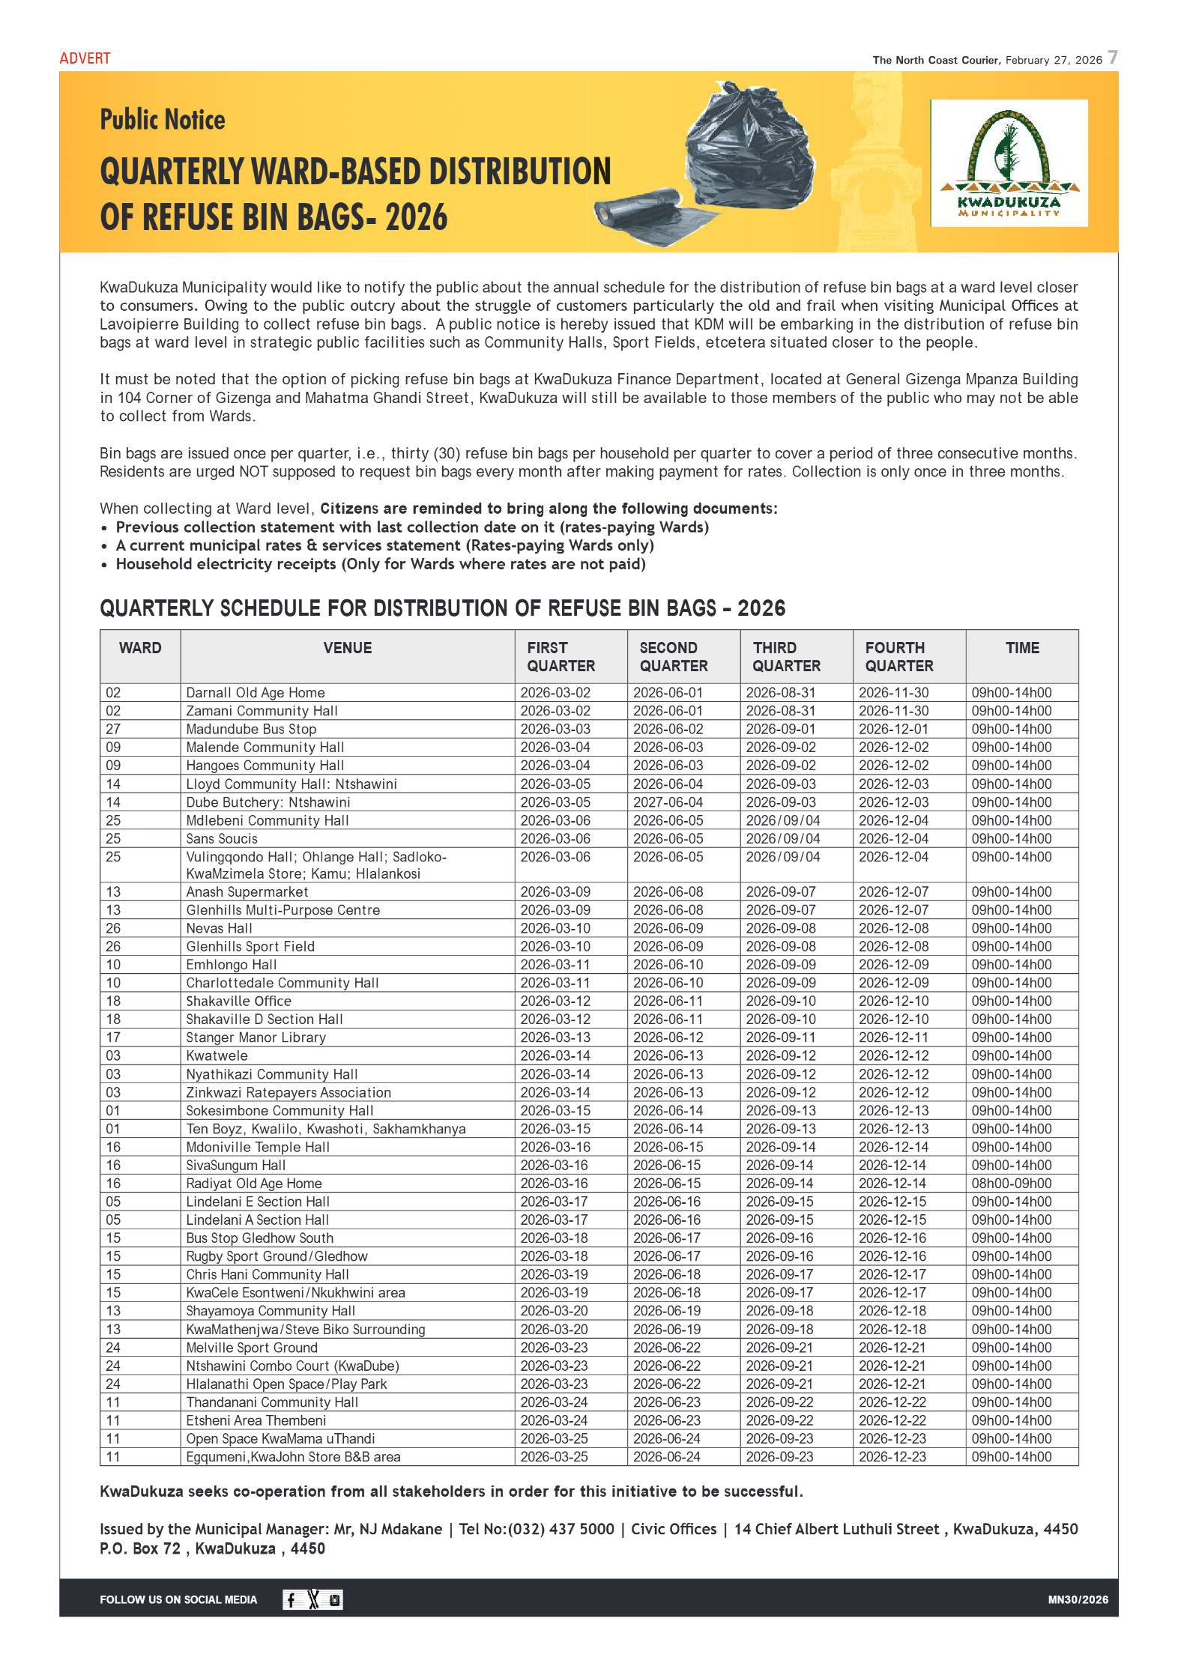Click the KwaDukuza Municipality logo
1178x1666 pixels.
click(1009, 163)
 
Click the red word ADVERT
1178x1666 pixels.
click(85, 58)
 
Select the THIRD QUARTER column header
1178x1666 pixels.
click(786, 656)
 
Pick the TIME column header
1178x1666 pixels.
click(1021, 648)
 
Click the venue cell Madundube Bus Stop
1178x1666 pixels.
click(251, 729)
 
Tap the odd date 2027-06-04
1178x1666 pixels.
click(668, 802)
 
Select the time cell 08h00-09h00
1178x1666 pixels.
click(1011, 1184)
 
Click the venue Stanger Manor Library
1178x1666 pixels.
click(256, 1038)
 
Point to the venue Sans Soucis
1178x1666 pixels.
click(222, 839)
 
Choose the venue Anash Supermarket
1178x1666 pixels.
click(247, 892)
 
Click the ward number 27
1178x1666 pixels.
click(113, 729)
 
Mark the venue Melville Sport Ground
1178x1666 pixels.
click(252, 1348)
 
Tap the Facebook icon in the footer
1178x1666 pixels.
click(292, 1600)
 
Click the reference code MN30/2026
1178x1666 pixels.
click(1078, 1600)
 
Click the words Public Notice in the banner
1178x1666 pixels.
click(163, 120)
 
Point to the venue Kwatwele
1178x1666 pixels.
click(217, 1055)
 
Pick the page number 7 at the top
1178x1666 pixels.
click(1113, 58)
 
